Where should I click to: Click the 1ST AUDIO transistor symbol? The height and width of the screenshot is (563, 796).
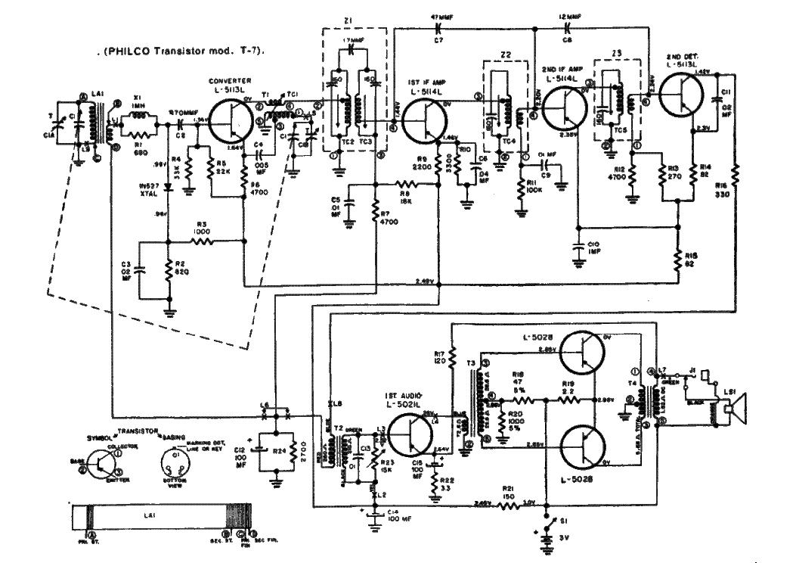tap(411, 435)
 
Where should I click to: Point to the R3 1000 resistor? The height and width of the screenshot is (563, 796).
tap(202, 242)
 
